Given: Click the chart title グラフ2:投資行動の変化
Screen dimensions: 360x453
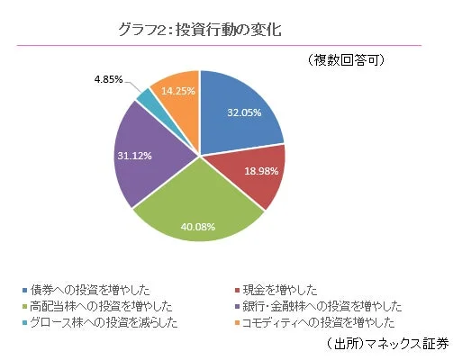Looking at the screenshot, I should pyautogui.click(x=200, y=29).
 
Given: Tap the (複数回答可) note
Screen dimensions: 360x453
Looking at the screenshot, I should pyautogui.click(x=347, y=60).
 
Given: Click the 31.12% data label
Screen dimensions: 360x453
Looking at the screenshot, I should pyautogui.click(x=134, y=155).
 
